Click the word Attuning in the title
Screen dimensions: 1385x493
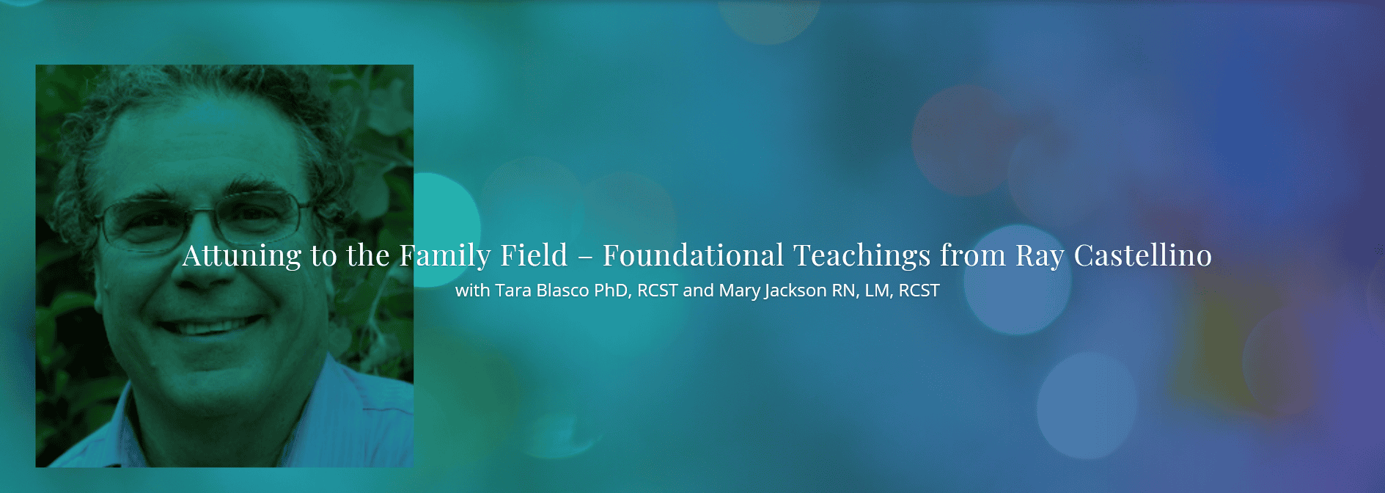pos(242,256)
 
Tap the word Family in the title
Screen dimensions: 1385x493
pos(445,256)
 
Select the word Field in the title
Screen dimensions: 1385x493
pos(534,255)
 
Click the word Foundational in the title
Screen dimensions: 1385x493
pos(694,255)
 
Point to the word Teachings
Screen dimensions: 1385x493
pos(862,256)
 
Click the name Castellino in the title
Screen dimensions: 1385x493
pos(1143,255)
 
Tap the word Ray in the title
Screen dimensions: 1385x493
pos(1040,256)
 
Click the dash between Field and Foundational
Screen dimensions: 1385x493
pos(585,258)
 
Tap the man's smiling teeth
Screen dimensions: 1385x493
pos(213,325)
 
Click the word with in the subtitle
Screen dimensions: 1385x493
pos(472,291)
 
